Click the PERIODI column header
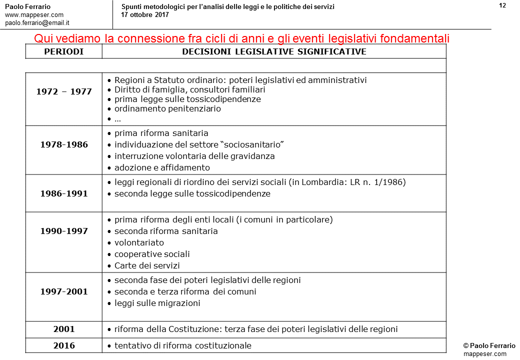pyautogui.click(x=63, y=51)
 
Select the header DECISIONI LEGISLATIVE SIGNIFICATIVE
pyautogui.click(x=274, y=51)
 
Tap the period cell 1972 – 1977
pyautogui.click(x=64, y=91)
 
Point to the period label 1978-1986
pyautogui.click(x=64, y=144)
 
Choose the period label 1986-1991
pyautogui.click(x=64, y=193)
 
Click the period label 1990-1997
pyautogui.click(x=64, y=231)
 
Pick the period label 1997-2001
pyautogui.click(x=64, y=291)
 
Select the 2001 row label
pyautogui.click(x=64, y=329)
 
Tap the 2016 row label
pyautogui.click(x=64, y=345)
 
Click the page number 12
pyautogui.click(x=502, y=5)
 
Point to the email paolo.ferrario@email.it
pyautogui.click(x=37, y=22)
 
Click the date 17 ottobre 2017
pyautogui.click(x=145, y=14)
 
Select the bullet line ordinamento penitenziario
pyautogui.click(x=167, y=108)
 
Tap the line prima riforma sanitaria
pyautogui.click(x=161, y=133)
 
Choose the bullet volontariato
pyautogui.click(x=139, y=242)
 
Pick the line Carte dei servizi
pyautogui.click(x=147, y=265)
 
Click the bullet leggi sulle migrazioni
pyautogui.click(x=157, y=303)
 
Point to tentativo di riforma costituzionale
pyautogui.click(x=182, y=345)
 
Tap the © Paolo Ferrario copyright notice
pyautogui.click(x=484, y=345)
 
